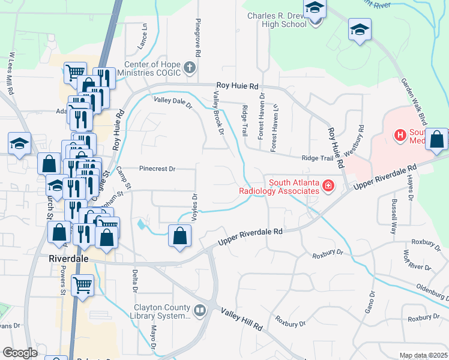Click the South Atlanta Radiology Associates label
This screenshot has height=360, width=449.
click(x=293, y=187)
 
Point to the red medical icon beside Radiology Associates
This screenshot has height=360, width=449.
click(x=328, y=187)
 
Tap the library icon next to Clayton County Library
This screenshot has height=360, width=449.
click(x=200, y=310)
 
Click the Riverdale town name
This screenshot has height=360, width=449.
click(x=68, y=259)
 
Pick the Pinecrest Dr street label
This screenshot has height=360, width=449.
click(x=157, y=169)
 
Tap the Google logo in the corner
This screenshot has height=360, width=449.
click(x=20, y=353)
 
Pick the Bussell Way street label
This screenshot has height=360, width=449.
click(x=394, y=216)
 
